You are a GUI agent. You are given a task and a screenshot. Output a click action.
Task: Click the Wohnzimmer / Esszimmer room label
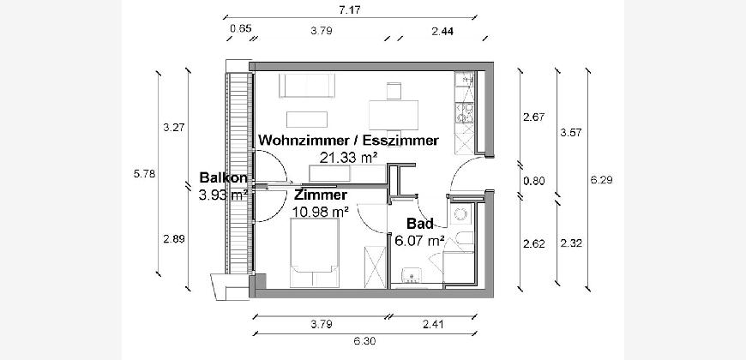[x=348, y=141]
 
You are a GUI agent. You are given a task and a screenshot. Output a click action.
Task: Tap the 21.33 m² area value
[x=348, y=157]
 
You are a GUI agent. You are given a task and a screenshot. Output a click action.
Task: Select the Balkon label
[x=223, y=178]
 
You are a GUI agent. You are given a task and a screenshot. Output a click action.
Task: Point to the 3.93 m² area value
[x=223, y=195]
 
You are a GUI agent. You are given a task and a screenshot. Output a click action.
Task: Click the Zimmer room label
[x=320, y=195]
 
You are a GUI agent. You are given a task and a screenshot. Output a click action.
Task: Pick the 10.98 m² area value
[x=320, y=211]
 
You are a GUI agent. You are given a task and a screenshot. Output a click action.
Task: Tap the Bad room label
[x=418, y=225]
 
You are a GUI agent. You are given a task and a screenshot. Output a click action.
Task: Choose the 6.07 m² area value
[x=418, y=241]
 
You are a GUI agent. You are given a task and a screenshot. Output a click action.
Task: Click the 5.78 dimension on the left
[x=145, y=174]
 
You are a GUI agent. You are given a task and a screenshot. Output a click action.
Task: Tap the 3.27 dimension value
[x=173, y=128]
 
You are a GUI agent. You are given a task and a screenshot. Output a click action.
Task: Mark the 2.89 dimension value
[x=173, y=238]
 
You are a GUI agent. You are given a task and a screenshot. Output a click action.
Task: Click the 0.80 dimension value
[x=533, y=180]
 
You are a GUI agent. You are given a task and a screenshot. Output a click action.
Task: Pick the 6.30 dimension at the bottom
[x=364, y=340]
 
